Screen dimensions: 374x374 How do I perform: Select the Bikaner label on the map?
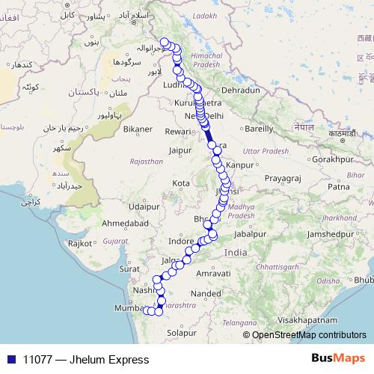(x=138, y=129)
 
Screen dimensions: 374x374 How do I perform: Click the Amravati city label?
(x=212, y=275)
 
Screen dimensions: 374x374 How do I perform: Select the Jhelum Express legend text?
(x=85, y=360)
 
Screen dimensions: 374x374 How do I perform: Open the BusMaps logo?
(x=338, y=359)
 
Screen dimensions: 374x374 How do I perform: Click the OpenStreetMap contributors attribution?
(x=308, y=335)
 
